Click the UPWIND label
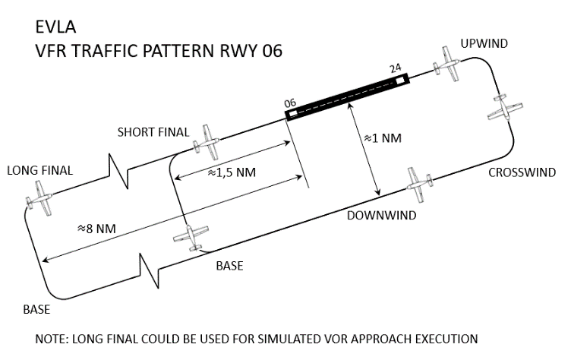(x=483, y=44)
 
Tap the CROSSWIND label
(x=522, y=172)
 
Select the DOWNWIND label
(x=381, y=215)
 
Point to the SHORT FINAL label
(x=153, y=132)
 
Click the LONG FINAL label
(x=39, y=170)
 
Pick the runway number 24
(x=395, y=68)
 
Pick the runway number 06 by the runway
(x=289, y=103)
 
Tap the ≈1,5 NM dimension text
(x=232, y=172)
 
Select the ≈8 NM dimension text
(x=96, y=228)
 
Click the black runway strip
(x=346, y=96)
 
